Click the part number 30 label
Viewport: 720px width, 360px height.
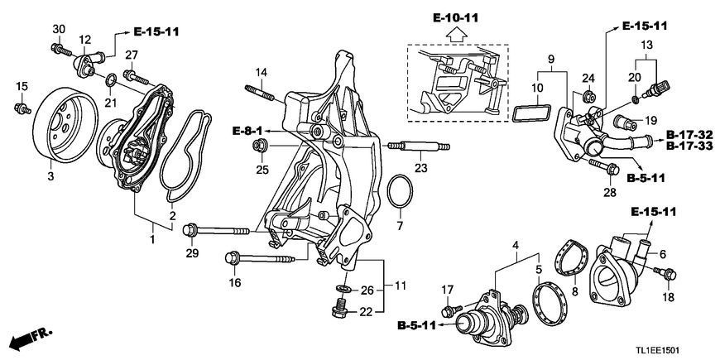[x=59, y=29]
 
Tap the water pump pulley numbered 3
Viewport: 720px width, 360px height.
[x=65, y=125]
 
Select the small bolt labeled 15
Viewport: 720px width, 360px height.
[x=22, y=108]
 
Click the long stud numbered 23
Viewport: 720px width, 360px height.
[x=419, y=146]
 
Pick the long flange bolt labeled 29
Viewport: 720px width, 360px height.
[x=216, y=230]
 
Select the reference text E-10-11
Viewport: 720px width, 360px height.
[x=455, y=18]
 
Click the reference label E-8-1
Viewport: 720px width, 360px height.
[x=247, y=132]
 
